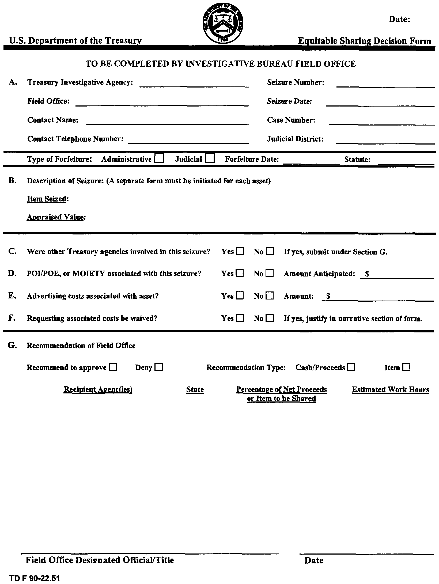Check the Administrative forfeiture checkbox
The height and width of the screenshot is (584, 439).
159,159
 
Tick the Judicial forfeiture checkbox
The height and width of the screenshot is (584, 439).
210,159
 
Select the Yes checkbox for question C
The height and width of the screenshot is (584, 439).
240,252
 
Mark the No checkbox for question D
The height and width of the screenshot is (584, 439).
270,274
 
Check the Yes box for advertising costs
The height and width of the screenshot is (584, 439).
240,296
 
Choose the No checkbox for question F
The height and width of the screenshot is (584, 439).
270,318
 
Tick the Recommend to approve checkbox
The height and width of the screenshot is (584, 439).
113,367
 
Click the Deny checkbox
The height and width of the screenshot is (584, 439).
159,367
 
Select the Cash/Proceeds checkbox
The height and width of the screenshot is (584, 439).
351,367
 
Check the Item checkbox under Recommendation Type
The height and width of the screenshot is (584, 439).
406,367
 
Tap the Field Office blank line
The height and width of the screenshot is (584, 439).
162,104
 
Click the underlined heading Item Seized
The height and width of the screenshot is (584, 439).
47,199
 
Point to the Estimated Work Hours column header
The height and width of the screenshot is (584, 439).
390,390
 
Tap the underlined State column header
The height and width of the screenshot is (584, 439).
195,390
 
